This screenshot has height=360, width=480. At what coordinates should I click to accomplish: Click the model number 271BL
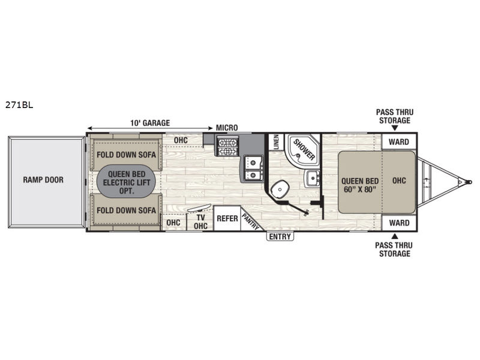[x=19, y=105]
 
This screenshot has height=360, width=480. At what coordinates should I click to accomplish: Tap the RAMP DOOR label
[x=43, y=179]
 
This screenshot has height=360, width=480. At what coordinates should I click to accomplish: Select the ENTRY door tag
[x=280, y=236]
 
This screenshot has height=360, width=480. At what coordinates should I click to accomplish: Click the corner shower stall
[x=302, y=149]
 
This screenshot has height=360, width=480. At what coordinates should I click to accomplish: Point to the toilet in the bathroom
[x=280, y=190]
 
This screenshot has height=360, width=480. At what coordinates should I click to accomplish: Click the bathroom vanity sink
[x=312, y=178]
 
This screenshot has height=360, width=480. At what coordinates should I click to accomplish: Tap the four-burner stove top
[x=227, y=147]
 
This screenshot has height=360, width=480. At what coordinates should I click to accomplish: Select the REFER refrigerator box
[x=227, y=218]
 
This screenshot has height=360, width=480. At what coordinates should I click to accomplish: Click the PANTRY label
[x=251, y=221]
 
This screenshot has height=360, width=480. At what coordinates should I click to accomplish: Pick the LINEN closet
[x=276, y=142]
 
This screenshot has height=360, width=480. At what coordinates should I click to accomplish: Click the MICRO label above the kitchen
[x=227, y=128]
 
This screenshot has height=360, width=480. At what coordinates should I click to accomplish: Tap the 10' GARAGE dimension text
[x=150, y=123]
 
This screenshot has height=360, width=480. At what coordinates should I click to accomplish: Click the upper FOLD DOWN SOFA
[x=126, y=155]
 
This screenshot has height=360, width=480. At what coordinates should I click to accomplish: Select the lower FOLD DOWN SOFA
[x=126, y=211]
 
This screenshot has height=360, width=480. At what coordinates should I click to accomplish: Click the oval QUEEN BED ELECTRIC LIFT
[x=126, y=182]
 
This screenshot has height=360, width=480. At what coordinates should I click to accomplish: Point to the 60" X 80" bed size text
[x=359, y=189]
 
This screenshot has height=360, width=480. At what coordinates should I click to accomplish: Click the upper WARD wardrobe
[x=399, y=142]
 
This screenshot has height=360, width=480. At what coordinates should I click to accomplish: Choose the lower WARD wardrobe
[x=399, y=223]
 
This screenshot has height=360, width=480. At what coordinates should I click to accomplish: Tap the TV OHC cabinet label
[x=200, y=221]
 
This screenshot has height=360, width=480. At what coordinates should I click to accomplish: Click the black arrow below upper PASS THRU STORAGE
[x=395, y=128]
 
